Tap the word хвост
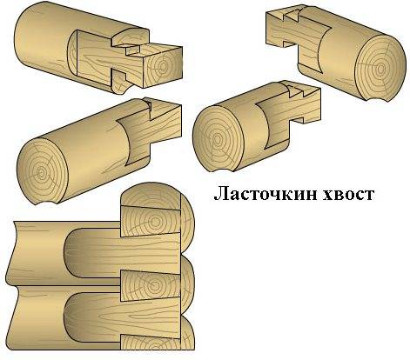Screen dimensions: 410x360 [348, 194]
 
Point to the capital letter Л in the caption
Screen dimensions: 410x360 [220, 194]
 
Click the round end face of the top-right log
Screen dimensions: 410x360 [380, 70]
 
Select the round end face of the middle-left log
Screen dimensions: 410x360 [43, 171]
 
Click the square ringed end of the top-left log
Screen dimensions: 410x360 [163, 67]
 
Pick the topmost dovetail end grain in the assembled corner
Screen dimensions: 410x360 [151, 221]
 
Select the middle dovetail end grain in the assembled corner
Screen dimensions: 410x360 [151, 285]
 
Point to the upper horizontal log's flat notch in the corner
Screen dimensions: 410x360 [122, 253]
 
